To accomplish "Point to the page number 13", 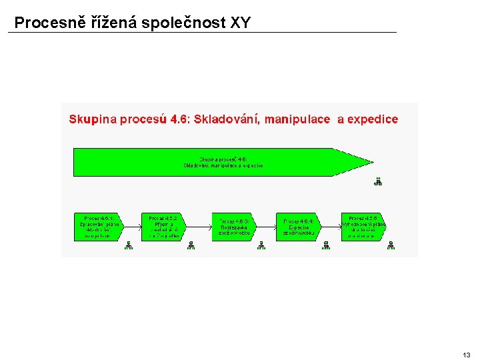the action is click(466, 355).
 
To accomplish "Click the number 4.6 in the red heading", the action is click(179, 119).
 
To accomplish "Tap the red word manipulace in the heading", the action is click(297, 119).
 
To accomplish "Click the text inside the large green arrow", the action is click(223, 162).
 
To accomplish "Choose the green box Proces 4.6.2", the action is click(162, 227).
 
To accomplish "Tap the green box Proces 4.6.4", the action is click(298, 227).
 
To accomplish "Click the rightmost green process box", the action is click(363, 227).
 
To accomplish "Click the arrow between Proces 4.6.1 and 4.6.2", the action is click(132, 227).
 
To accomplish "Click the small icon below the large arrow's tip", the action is click(378, 180).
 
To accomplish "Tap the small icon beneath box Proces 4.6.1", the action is click(129, 245).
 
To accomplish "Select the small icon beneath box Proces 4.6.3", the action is click(261, 245).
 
